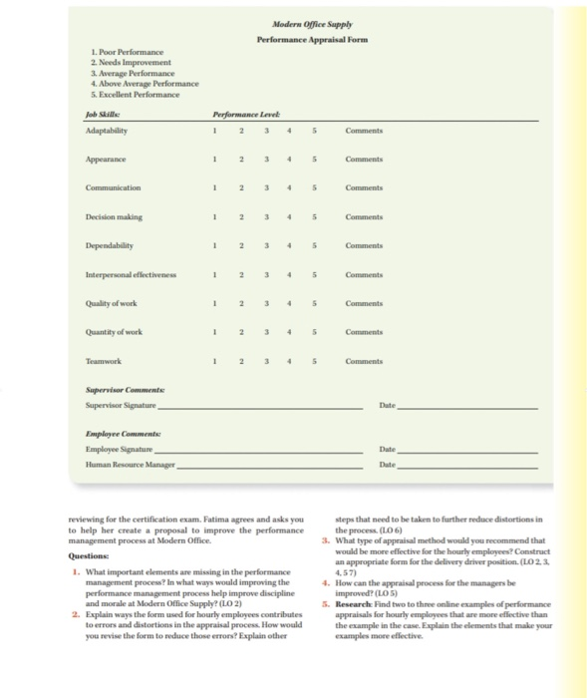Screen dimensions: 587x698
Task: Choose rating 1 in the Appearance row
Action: pyautogui.click(x=213, y=157)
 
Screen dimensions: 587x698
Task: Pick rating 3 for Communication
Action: pyautogui.click(x=264, y=186)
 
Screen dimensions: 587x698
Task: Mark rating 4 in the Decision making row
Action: pyautogui.click(x=290, y=215)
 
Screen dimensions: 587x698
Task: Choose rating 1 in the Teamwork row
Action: pyautogui.click(x=213, y=361)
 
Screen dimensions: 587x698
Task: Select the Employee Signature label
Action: pyautogui.click(x=118, y=451)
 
